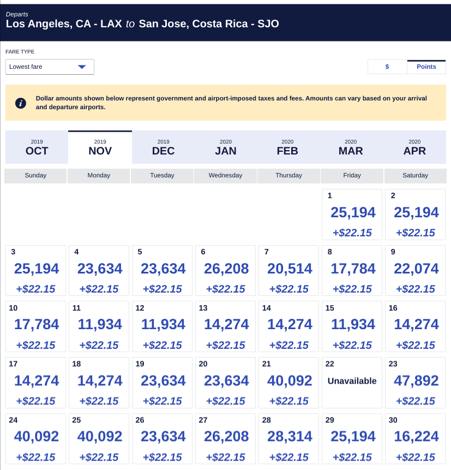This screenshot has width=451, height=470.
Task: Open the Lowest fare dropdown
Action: tap(50, 67)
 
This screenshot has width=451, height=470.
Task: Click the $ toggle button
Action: tap(387, 67)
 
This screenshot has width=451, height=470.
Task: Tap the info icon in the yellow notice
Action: tap(21, 103)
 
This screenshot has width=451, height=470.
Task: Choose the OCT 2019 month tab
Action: tap(37, 147)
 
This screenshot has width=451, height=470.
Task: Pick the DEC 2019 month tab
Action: tap(163, 147)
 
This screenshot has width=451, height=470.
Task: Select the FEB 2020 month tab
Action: tap(287, 147)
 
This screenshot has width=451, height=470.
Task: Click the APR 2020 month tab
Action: tap(414, 147)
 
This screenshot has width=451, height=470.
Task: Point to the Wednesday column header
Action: tap(225, 175)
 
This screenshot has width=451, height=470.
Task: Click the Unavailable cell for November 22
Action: tap(352, 381)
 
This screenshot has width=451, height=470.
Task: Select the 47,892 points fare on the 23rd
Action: tap(416, 381)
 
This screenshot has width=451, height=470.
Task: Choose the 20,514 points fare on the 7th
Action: tap(289, 269)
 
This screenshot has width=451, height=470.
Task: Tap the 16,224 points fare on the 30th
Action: tap(416, 437)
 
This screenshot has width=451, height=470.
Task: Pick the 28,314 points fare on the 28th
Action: tap(289, 437)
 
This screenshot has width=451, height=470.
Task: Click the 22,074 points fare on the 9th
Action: tap(416, 269)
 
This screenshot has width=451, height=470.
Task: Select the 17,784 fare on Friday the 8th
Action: tap(352, 269)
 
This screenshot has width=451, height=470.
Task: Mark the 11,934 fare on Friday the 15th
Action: tap(352, 325)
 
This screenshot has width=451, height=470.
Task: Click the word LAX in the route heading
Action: tap(111, 24)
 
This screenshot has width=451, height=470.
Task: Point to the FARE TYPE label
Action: tap(20, 52)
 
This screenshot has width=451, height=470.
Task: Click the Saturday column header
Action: tap(415, 175)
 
